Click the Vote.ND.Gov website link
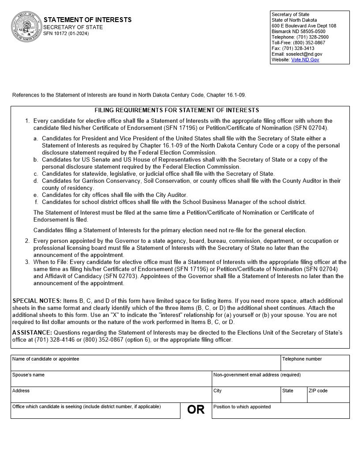tap(305, 60)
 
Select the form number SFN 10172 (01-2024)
tap(66, 34)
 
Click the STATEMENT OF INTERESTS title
tap(87, 20)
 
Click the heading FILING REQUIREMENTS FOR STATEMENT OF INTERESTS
tap(176, 110)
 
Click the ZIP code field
tap(328, 397)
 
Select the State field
tap(294, 397)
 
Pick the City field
tap(246, 397)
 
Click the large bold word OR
tap(196, 410)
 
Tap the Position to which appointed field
tap(281, 413)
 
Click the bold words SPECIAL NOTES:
tap(37, 301)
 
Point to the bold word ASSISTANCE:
tap(32, 333)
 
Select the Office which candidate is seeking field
tap(95, 413)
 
